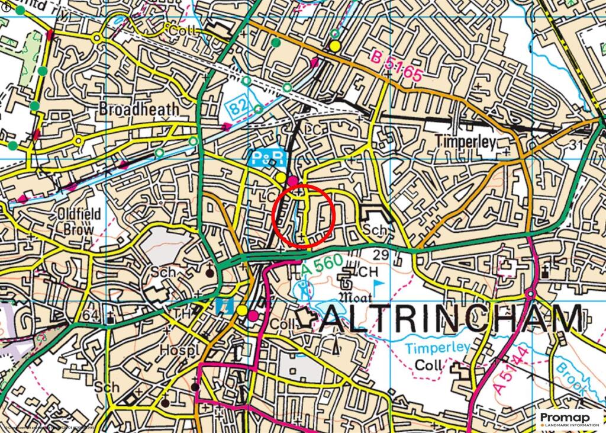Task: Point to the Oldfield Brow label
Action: point(79,221)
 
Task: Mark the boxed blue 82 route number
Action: point(238,107)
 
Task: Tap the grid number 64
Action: point(90,316)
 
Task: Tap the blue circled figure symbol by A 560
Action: point(304,290)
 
